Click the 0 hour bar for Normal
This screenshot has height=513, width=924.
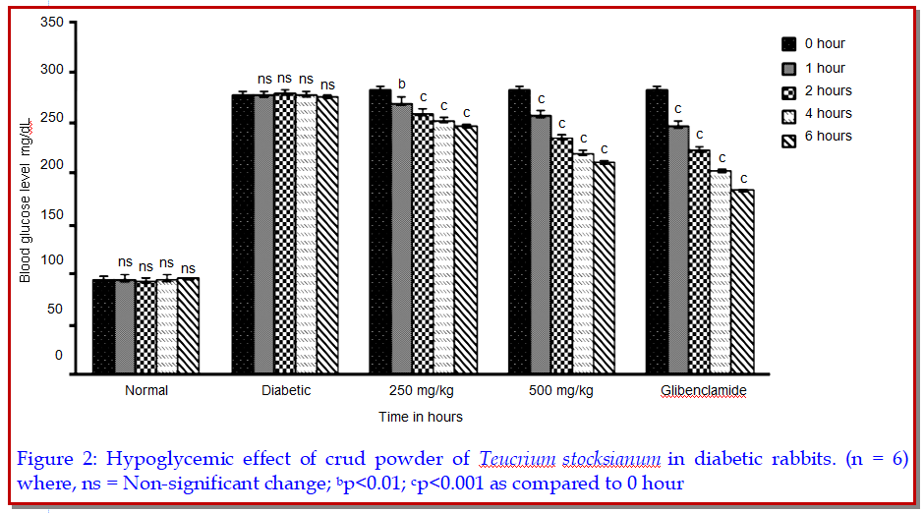[x=103, y=326]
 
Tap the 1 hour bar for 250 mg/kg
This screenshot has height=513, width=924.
[x=401, y=238]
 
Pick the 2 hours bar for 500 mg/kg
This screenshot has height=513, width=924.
[x=561, y=255]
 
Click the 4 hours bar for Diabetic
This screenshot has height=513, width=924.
[x=307, y=233]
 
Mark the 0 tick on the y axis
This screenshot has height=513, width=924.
[x=59, y=356]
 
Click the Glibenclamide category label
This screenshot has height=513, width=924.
[x=702, y=390]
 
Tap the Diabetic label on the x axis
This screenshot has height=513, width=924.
[x=285, y=390]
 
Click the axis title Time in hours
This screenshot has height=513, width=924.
[x=421, y=417]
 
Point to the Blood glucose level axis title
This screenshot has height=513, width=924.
[x=26, y=200]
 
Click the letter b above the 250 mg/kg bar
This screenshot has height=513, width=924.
[x=401, y=84]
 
